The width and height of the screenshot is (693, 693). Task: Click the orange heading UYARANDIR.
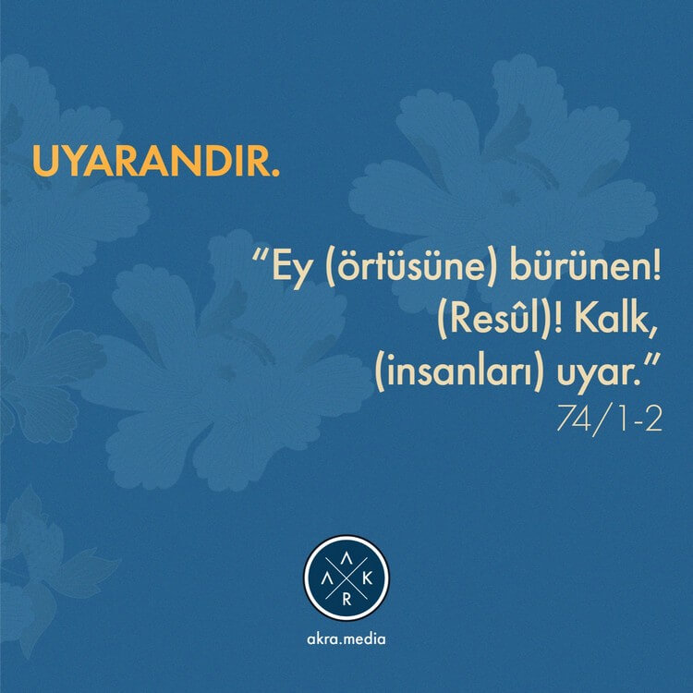(156, 161)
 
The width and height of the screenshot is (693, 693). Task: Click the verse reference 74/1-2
(609, 419)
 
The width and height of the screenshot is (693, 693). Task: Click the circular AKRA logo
(346, 578)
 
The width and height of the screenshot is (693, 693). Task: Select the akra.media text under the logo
(346, 639)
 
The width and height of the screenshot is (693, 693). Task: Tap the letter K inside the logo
(367, 579)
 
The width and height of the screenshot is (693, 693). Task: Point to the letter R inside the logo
(346, 600)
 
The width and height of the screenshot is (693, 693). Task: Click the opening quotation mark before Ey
(261, 255)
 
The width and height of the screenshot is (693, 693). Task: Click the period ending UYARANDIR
(275, 173)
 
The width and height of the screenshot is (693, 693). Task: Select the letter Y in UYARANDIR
(75, 161)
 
